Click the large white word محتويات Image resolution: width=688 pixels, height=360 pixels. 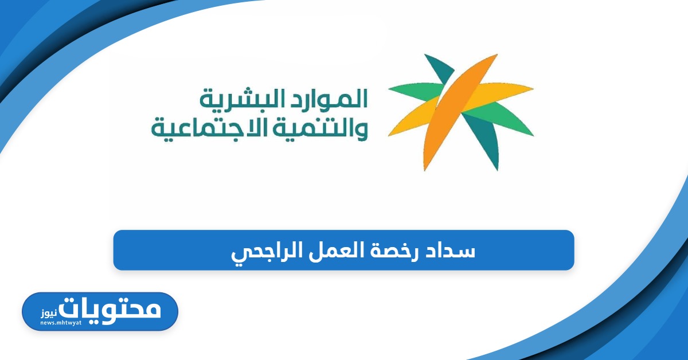tap(110, 310)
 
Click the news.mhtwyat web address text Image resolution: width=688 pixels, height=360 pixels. tap(61, 323)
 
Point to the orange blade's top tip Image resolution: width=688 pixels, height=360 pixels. tap(497, 55)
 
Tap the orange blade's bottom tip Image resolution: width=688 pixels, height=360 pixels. tap(424, 170)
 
